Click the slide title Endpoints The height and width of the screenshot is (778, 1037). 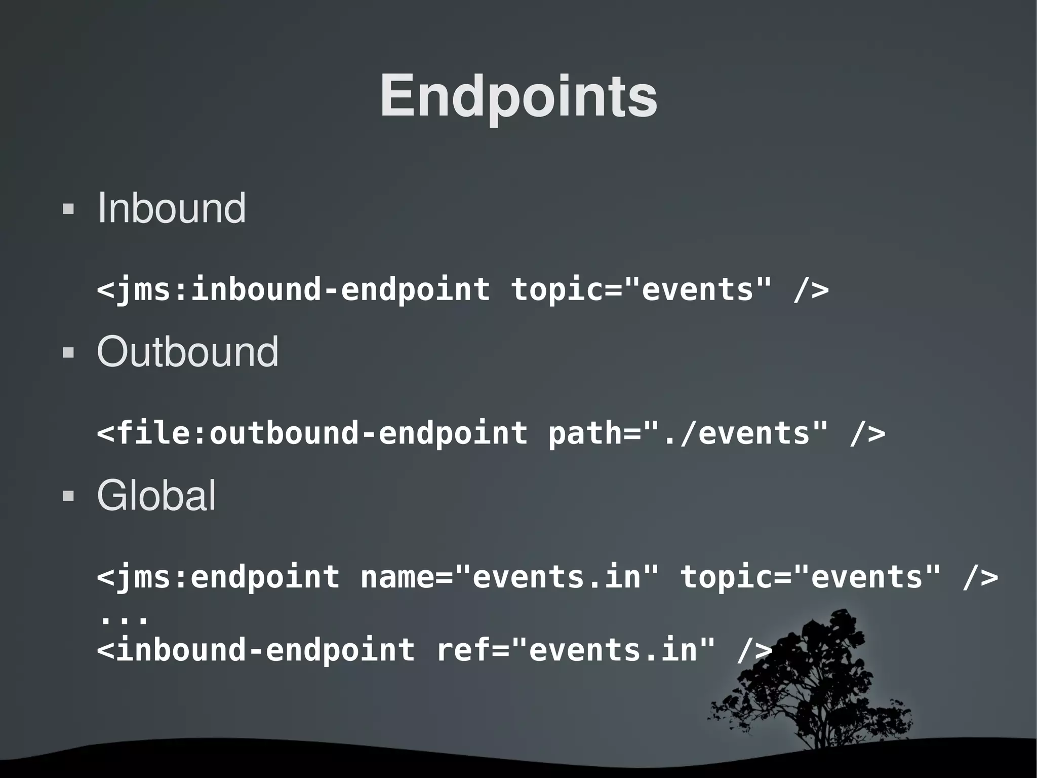pyautogui.click(x=518, y=96)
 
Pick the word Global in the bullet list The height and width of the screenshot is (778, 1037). pyautogui.click(x=156, y=495)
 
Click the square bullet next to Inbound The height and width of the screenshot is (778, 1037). pyautogui.click(x=68, y=209)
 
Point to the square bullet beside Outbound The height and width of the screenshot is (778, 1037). pyautogui.click(x=68, y=352)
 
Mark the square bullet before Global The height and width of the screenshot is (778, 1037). pyautogui.click(x=68, y=496)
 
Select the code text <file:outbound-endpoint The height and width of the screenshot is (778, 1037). pyautogui.click(x=312, y=433)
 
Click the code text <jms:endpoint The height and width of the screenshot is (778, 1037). pyautogui.click(x=218, y=577)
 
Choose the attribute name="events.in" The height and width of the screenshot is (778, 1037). pyautogui.click(x=509, y=577)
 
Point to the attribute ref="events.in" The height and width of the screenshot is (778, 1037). pyautogui.click(x=575, y=650)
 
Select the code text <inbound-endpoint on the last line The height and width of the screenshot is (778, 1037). pyautogui.click(x=256, y=650)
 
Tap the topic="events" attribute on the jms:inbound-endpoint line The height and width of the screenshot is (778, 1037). pyautogui.click(x=641, y=289)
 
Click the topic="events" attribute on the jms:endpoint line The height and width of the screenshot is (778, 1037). pyautogui.click(x=810, y=577)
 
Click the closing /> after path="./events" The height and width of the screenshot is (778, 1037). pyautogui.click(x=867, y=433)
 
